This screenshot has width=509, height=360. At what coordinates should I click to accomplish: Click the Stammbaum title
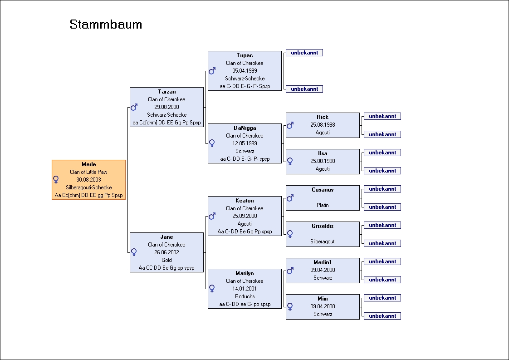point(106,25)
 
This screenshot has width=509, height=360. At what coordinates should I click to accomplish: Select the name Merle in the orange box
point(88,164)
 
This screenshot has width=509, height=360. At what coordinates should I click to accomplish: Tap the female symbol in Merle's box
point(56,179)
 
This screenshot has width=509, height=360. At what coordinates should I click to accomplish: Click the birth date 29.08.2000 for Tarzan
point(166,107)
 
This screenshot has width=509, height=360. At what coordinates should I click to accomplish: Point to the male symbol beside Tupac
point(212,71)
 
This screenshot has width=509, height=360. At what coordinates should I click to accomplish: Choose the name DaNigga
point(245,128)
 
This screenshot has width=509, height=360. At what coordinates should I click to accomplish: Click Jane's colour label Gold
point(166,260)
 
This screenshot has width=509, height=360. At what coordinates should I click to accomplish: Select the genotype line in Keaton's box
point(245,232)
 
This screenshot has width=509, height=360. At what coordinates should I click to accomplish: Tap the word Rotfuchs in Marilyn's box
point(245,296)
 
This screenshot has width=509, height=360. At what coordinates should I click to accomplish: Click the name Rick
point(323,117)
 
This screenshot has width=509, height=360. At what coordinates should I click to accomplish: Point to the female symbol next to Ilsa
point(290,161)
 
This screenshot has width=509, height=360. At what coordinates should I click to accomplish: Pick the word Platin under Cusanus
point(323,205)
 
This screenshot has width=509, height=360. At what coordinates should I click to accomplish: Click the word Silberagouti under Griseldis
point(323,242)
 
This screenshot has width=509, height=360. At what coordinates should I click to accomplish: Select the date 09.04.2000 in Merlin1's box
point(323,270)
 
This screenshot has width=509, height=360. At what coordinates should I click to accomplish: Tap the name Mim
point(323,299)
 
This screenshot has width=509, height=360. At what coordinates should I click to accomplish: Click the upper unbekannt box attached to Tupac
point(304,53)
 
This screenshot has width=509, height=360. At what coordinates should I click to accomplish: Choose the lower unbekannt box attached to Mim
point(382,316)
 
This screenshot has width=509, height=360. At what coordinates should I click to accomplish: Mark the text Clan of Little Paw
point(88,172)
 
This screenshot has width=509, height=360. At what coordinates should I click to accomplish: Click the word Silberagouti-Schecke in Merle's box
point(88,187)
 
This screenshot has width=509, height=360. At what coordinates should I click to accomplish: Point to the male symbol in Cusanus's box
point(290,198)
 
